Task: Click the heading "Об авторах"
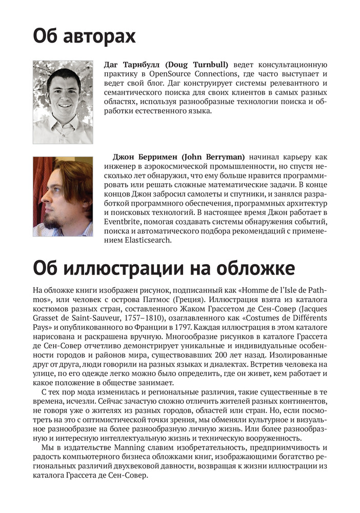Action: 84,37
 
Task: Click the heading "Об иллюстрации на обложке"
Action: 164,268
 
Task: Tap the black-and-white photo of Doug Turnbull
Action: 63,102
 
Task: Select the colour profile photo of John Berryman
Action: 63,196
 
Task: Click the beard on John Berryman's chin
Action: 50,222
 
